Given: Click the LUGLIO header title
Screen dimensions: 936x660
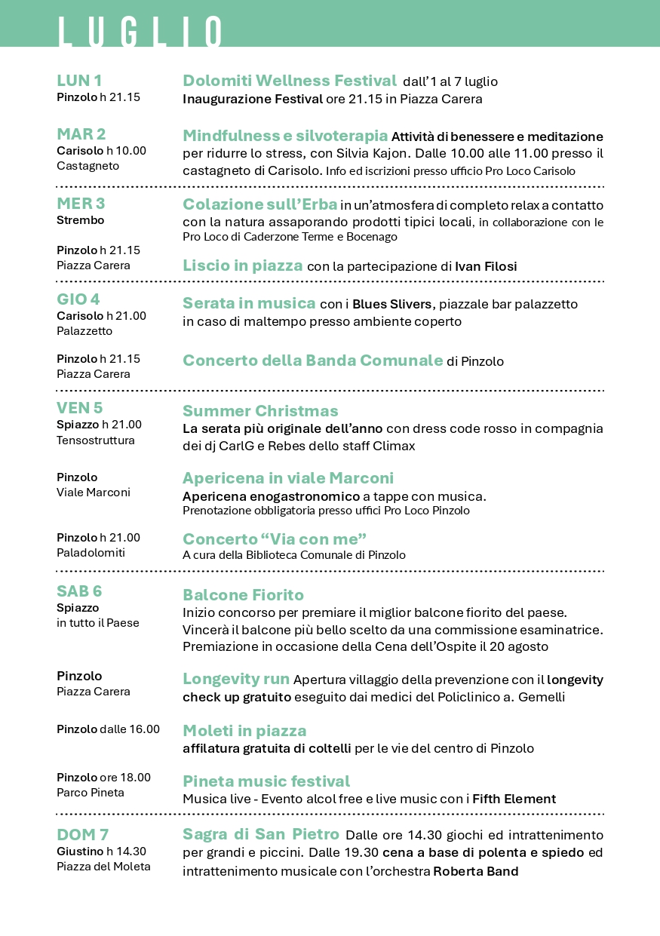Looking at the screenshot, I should [140, 32].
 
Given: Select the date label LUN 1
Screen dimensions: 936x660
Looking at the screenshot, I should [79, 81].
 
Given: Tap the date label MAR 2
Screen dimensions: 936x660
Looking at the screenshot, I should [81, 134].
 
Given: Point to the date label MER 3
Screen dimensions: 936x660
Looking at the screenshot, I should [81, 204].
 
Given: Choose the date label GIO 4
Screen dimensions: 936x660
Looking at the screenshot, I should [78, 299].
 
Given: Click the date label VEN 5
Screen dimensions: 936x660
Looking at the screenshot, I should [79, 408].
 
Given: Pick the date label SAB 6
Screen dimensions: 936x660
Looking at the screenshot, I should [79, 591].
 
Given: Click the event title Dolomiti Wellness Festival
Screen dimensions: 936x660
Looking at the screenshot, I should [290, 81].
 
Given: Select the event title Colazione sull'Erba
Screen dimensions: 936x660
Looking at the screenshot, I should [259, 204].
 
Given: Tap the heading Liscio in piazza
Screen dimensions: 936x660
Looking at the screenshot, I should [243, 265].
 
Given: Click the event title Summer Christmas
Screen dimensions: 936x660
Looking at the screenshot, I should [260, 411].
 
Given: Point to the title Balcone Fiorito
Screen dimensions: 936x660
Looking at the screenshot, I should [243, 595].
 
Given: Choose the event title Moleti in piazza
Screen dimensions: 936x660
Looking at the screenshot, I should [244, 731].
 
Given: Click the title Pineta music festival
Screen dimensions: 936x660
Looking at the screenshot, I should [266, 781].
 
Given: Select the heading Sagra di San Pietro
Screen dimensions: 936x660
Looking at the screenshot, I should [261, 835].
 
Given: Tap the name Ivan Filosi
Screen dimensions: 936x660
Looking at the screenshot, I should [486, 266].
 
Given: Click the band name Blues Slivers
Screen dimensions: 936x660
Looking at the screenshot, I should [392, 304].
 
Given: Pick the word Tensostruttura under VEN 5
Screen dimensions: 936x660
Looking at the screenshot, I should [96, 440].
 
